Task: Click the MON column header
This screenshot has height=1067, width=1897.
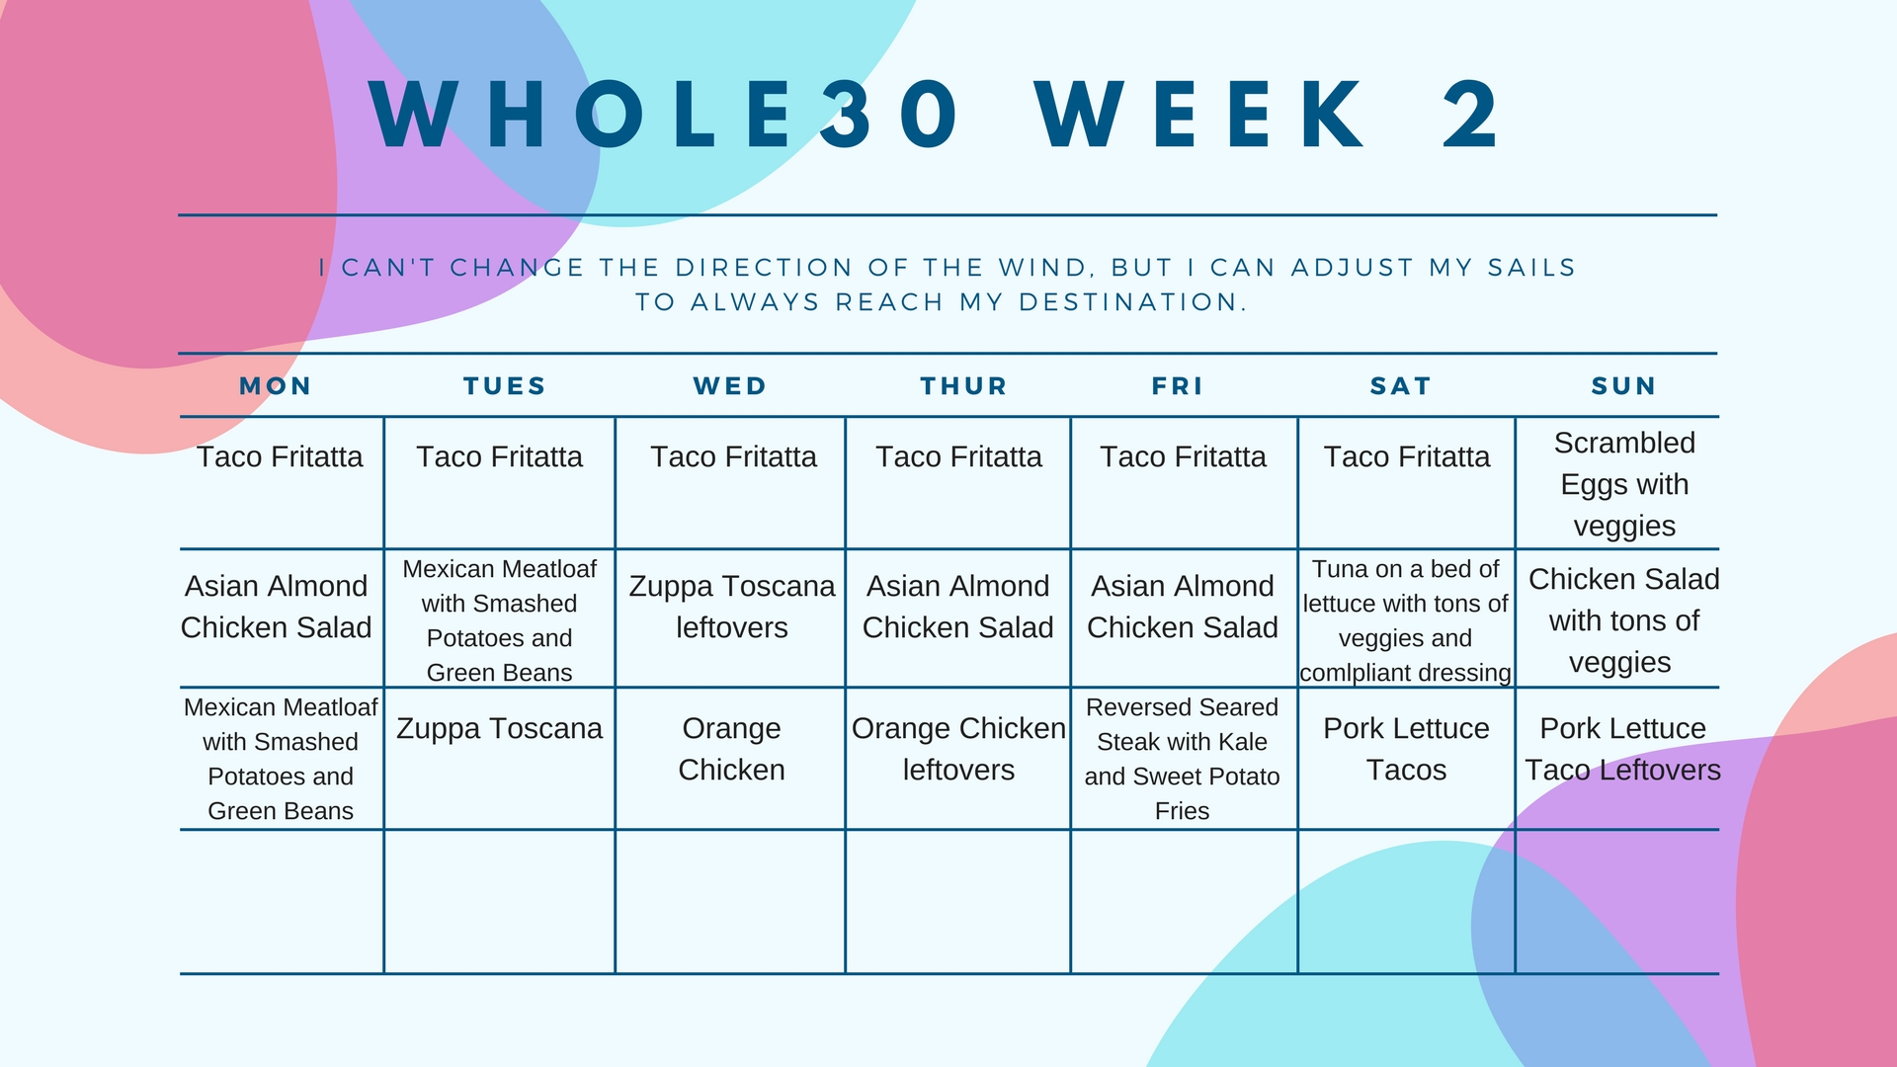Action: (276, 386)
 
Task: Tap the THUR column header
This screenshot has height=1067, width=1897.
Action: (963, 386)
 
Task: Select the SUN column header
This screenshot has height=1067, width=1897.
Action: (1623, 386)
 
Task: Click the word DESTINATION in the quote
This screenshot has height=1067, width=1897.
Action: (1132, 302)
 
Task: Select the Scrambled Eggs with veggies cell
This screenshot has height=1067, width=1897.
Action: (1624, 484)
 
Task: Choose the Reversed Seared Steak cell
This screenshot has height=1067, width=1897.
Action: (1183, 759)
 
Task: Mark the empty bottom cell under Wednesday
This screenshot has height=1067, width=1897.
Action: (730, 902)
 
